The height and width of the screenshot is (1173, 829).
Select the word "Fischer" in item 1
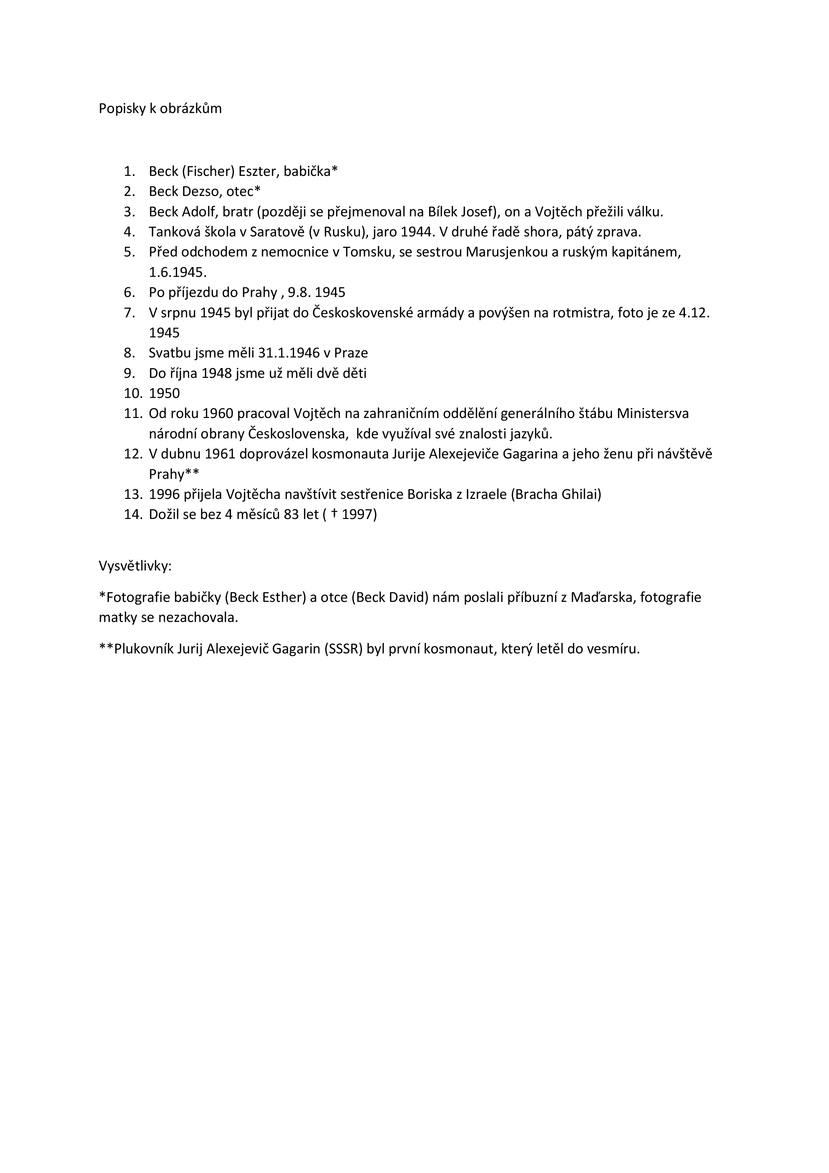pos(208,171)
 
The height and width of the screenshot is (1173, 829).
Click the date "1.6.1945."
pos(178,272)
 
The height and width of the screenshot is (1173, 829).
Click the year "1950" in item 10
pos(164,393)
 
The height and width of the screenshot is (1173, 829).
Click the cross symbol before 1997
pos(334,514)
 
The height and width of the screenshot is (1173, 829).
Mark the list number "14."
pos(133,515)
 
